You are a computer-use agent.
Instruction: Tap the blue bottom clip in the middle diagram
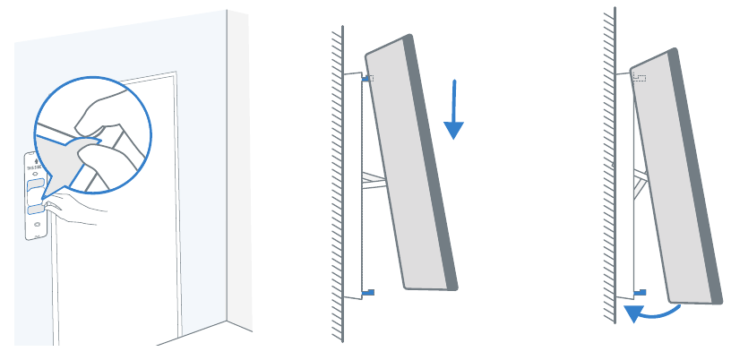[x=370, y=292]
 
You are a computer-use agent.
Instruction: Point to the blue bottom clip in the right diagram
[x=641, y=291]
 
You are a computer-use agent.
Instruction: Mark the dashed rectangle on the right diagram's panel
[x=639, y=78]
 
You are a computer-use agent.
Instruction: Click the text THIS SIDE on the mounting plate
[x=35, y=169]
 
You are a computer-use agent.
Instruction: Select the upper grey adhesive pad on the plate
[x=35, y=184]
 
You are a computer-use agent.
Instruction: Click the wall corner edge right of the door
[x=228, y=179]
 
